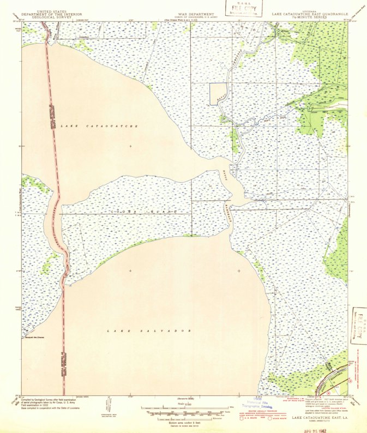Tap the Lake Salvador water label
[x=148, y=331]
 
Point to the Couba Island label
[x=144, y=211]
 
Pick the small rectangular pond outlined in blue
[x=218, y=93]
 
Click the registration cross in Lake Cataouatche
[x=130, y=146]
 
